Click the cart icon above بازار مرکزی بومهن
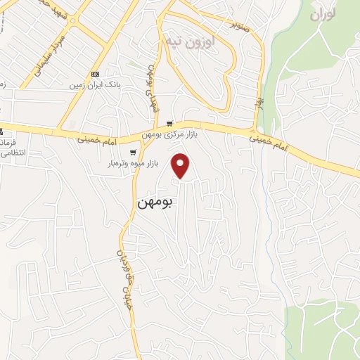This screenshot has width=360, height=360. tap(169, 124)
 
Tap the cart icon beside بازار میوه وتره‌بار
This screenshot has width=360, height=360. tap(132, 152)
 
